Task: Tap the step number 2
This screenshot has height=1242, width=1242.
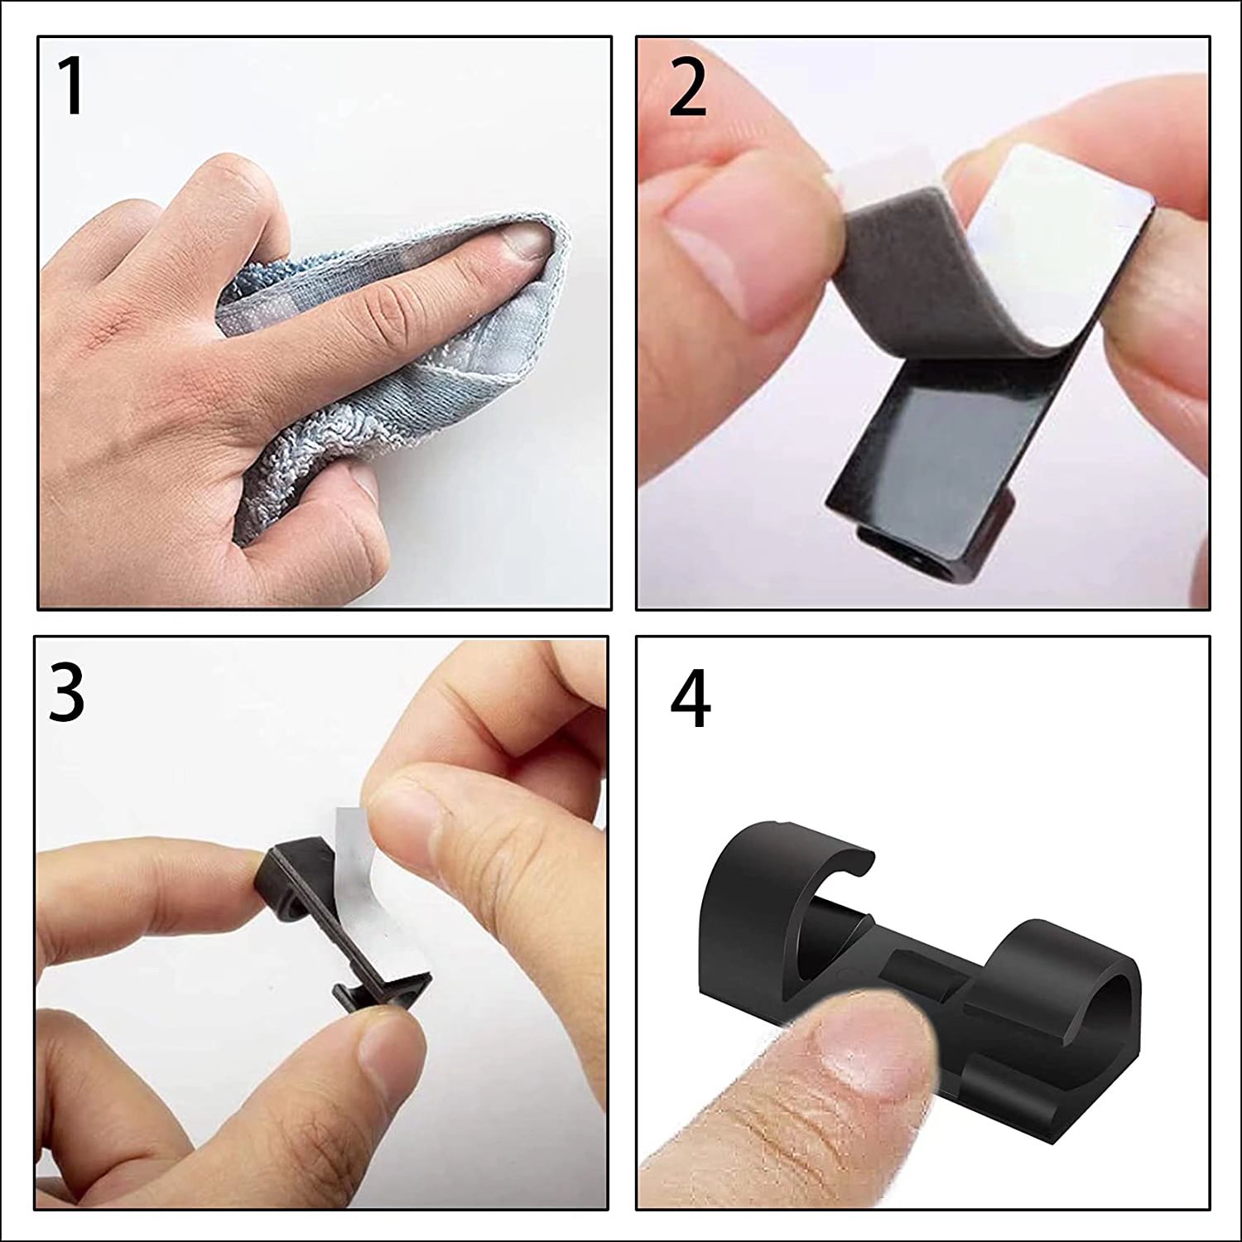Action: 687,89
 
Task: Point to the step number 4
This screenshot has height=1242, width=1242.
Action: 690,699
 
